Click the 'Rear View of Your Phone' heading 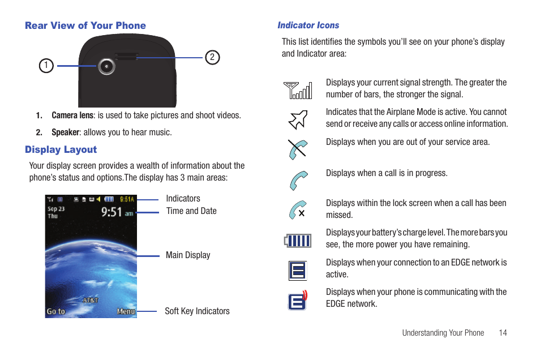pyautogui.click(x=85, y=25)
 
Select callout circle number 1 pyautogui.click(x=46, y=66)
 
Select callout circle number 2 pyautogui.click(x=212, y=57)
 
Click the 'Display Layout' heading pyautogui.click(x=61, y=149)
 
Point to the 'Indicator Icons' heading pyautogui.click(x=308, y=25)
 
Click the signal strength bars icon pyautogui.click(x=298, y=90)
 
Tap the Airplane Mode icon pyautogui.click(x=298, y=119)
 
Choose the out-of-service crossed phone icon pyautogui.click(x=298, y=149)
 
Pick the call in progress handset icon pyautogui.click(x=298, y=181)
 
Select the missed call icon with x pyautogui.click(x=298, y=210)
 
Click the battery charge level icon pyautogui.click(x=298, y=241)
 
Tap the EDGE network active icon pyautogui.click(x=297, y=271)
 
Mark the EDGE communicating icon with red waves pyautogui.click(x=298, y=300)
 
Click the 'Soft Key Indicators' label pyautogui.click(x=197, y=311)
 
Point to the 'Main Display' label pyautogui.click(x=188, y=255)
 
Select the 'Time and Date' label pyautogui.click(x=191, y=211)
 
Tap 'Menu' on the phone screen pyautogui.click(x=126, y=311)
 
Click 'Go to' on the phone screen pyautogui.click(x=56, y=311)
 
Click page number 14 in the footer pyautogui.click(x=503, y=333)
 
